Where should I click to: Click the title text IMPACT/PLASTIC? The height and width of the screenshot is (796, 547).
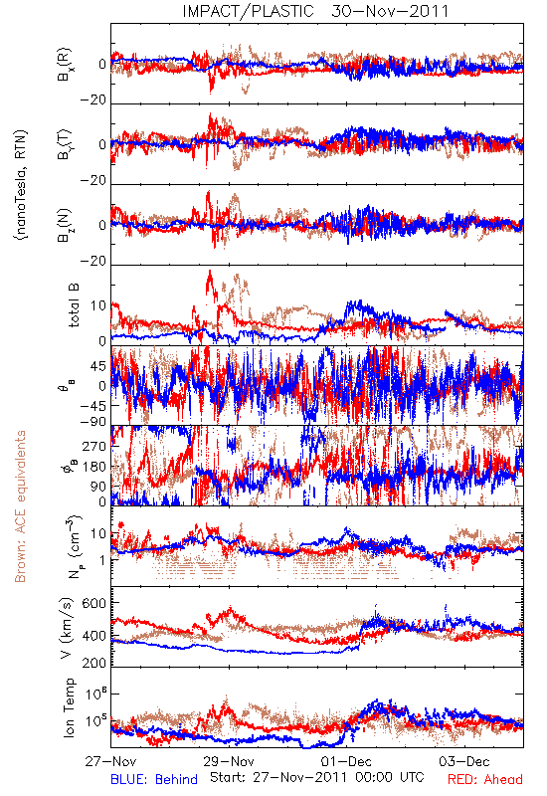(x=248, y=11)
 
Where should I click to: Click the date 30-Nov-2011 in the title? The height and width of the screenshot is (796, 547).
(x=390, y=11)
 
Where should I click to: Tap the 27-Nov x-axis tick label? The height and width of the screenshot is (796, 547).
(x=110, y=761)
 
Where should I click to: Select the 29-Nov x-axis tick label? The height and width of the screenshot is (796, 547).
(x=229, y=761)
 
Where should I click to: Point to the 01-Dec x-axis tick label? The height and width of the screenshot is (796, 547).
(x=346, y=761)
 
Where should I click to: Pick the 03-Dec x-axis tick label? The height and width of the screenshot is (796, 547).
(x=464, y=761)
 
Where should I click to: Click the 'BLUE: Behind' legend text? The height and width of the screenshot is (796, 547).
(x=154, y=779)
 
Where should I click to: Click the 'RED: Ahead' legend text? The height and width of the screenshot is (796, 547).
(x=485, y=779)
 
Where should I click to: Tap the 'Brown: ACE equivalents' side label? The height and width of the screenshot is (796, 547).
(x=20, y=506)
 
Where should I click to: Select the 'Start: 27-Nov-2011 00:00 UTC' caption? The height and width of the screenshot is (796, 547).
(x=317, y=777)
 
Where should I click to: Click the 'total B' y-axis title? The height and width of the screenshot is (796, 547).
(x=74, y=305)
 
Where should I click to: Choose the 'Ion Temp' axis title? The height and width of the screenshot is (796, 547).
(x=69, y=707)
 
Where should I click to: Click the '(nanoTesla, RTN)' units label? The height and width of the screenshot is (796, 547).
(x=21, y=185)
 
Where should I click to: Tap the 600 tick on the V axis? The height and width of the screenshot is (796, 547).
(x=94, y=603)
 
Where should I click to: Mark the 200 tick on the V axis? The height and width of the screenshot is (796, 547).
(x=94, y=662)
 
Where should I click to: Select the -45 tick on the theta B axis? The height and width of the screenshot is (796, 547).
(x=92, y=406)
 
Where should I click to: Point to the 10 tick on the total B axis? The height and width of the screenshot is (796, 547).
(x=98, y=305)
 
